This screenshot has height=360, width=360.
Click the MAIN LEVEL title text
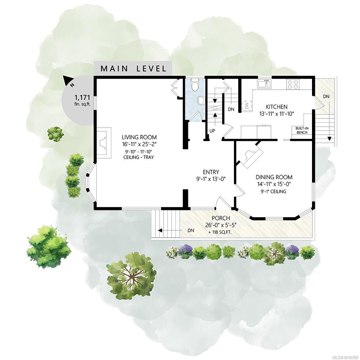coord(133,68)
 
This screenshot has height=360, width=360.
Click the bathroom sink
coord(201,100)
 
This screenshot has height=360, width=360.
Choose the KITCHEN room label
coord(277,107)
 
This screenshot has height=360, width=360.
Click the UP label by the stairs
coord(212,131)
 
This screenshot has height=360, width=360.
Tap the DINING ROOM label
coord(274,177)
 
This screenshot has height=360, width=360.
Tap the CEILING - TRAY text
coord(137,157)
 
